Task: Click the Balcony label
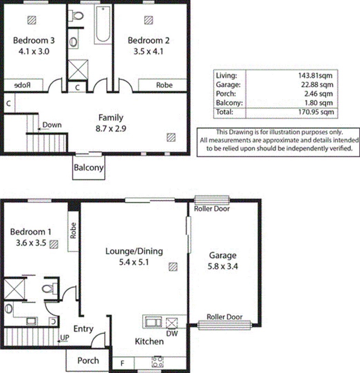click(88, 168)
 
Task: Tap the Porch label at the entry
click(88, 361)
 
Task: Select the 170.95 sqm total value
click(316, 112)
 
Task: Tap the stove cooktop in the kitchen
click(158, 362)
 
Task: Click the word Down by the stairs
click(52, 125)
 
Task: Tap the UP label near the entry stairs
click(64, 337)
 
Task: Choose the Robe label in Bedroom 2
click(164, 85)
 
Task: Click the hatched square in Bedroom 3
click(32, 20)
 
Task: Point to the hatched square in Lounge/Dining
click(173, 267)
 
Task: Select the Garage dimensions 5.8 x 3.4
click(223, 266)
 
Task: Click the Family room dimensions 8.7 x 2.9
click(111, 129)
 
